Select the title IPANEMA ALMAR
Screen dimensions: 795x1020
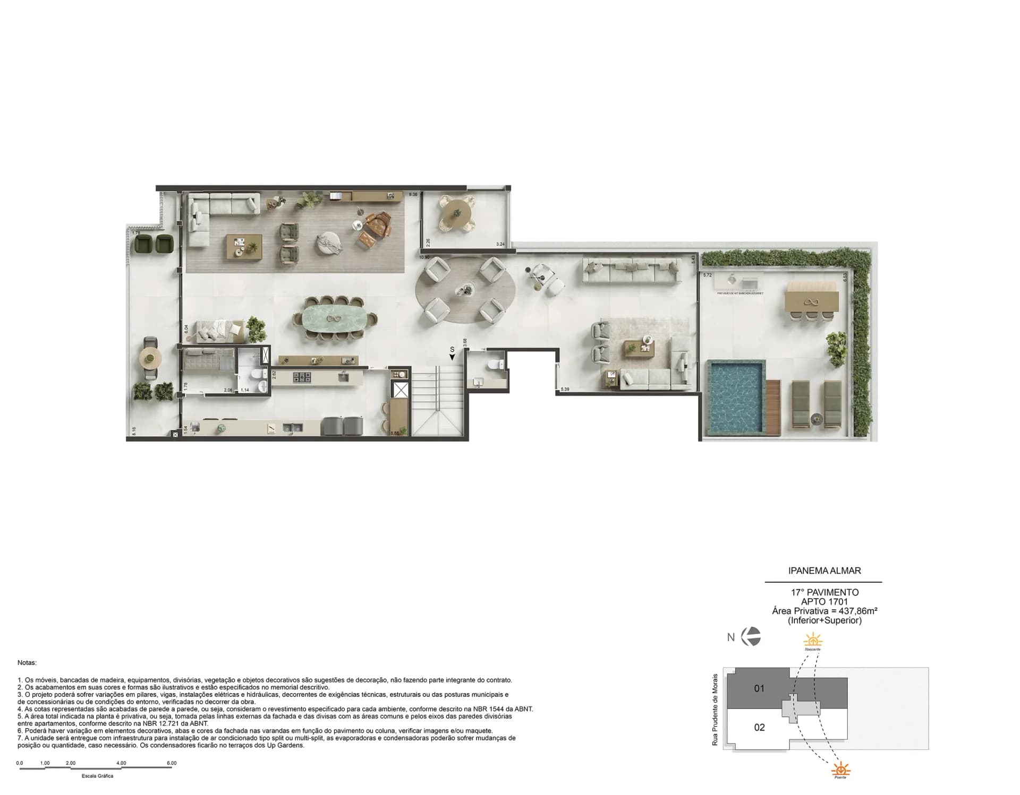click(824, 571)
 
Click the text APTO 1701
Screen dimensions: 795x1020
click(824, 601)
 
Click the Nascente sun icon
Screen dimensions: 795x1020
click(812, 640)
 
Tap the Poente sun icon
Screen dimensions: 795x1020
click(840, 769)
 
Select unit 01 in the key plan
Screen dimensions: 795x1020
click(759, 688)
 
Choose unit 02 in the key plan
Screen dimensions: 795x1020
click(759, 727)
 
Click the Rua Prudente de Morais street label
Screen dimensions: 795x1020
click(715, 710)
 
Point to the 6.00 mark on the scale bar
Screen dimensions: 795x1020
click(172, 763)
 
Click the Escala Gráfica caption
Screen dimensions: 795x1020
click(97, 776)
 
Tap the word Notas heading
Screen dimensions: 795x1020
click(27, 663)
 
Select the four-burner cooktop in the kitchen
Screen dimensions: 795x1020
click(303, 377)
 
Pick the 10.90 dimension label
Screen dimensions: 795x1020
click(424, 257)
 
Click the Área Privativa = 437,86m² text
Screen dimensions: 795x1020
click(824, 611)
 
